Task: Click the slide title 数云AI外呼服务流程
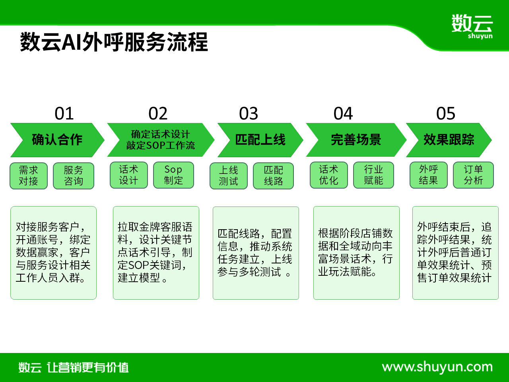pos(114,42)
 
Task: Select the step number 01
pos(64,113)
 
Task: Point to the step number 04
pos(343,113)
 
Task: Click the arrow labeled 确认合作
pos(57,140)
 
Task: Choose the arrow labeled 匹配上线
pos(260,140)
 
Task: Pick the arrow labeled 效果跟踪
pos(449,140)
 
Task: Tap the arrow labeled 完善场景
pos(356,140)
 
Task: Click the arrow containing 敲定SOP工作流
pos(161,140)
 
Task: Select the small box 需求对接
pos(29,176)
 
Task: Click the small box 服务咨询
pos(74,176)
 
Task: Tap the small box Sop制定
pos(173,175)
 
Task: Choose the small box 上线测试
pos(229,176)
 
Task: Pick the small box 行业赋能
pos(373,175)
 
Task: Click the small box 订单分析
pos(473,175)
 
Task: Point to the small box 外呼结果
pos(429,175)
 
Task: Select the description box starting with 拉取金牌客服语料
pos(156,253)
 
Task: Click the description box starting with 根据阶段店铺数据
pos(356,253)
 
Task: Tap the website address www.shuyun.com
pos(437,367)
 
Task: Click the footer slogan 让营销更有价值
pos(87,367)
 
